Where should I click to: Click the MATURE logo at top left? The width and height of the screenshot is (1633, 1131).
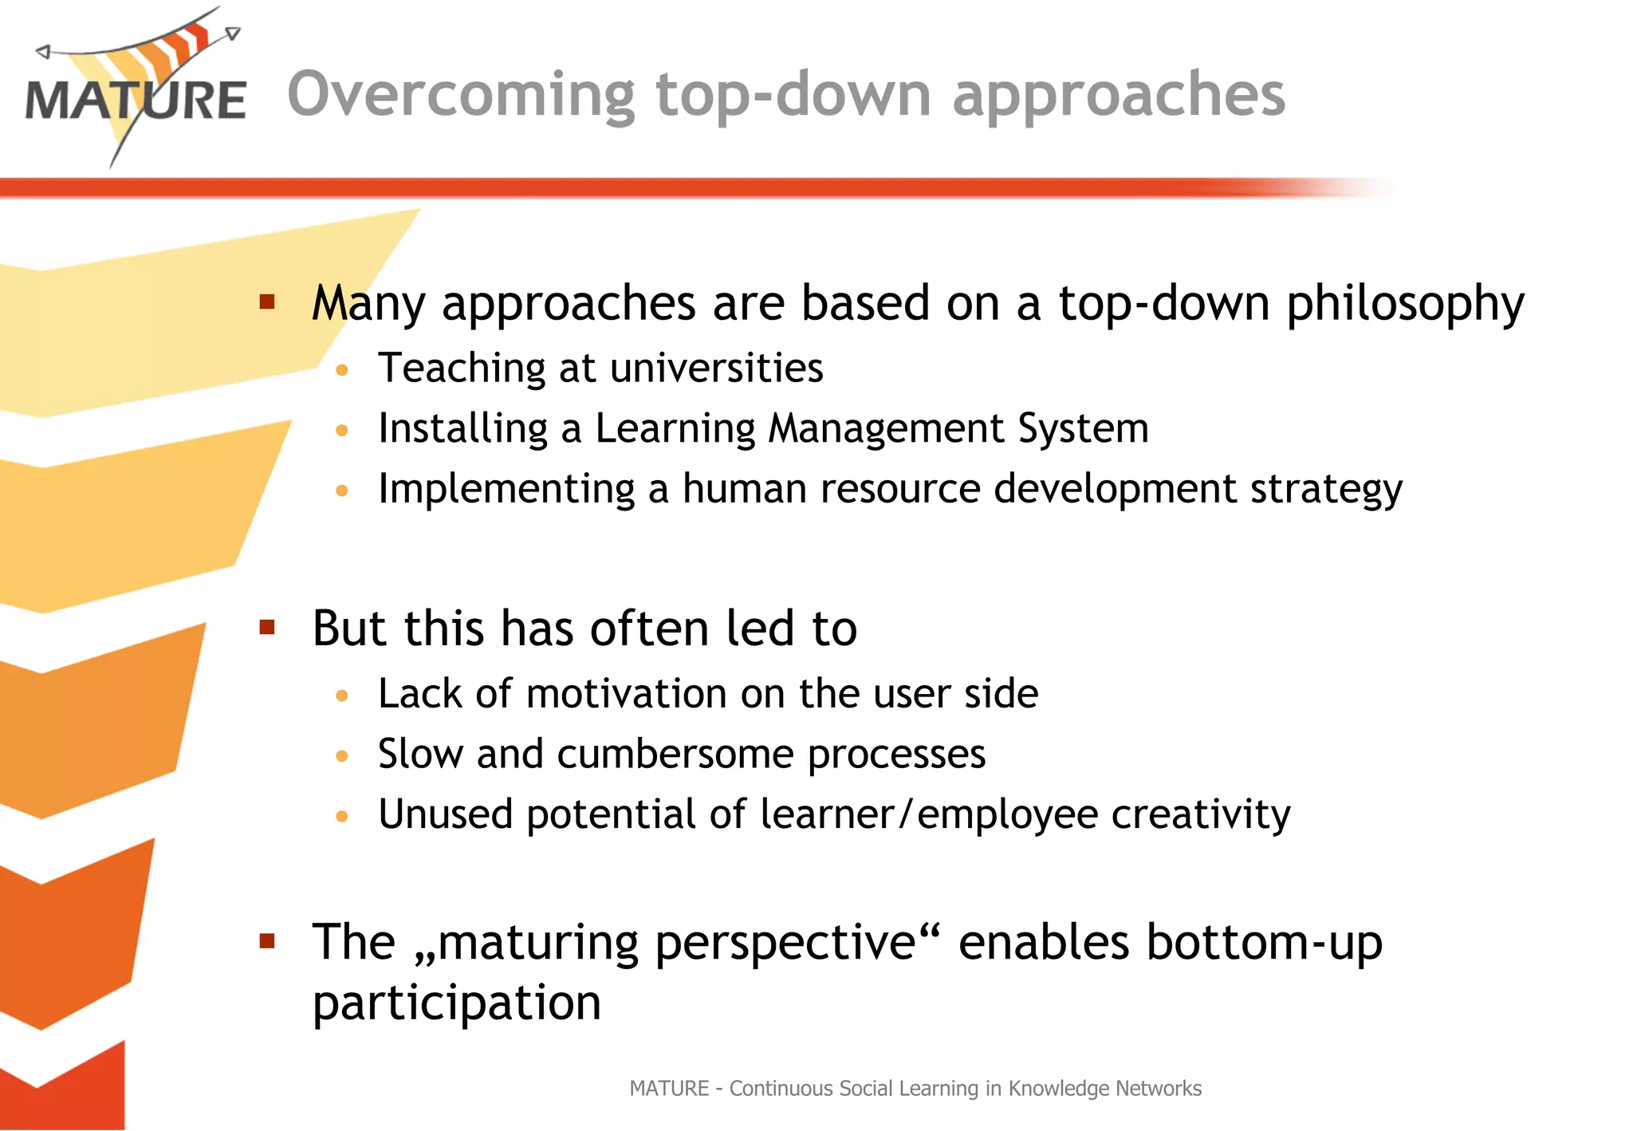(x=136, y=92)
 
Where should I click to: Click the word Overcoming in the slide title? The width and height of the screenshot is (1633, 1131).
(x=461, y=96)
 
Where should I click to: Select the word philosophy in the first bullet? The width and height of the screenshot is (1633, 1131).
(x=1405, y=305)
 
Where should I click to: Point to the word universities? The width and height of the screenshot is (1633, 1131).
(x=716, y=368)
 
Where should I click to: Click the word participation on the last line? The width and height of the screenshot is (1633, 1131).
(x=456, y=1003)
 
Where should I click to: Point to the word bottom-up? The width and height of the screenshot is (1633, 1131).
(x=1264, y=943)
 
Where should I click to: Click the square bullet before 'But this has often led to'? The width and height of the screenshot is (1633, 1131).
(x=267, y=627)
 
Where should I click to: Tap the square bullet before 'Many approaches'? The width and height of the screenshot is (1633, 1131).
(x=267, y=301)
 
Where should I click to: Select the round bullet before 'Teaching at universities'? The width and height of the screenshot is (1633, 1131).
(x=342, y=370)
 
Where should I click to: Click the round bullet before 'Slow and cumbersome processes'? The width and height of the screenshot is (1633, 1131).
(x=342, y=755)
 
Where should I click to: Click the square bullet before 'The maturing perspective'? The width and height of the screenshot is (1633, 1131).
(x=267, y=941)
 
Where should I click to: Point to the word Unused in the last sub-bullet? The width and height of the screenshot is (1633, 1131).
(x=445, y=815)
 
